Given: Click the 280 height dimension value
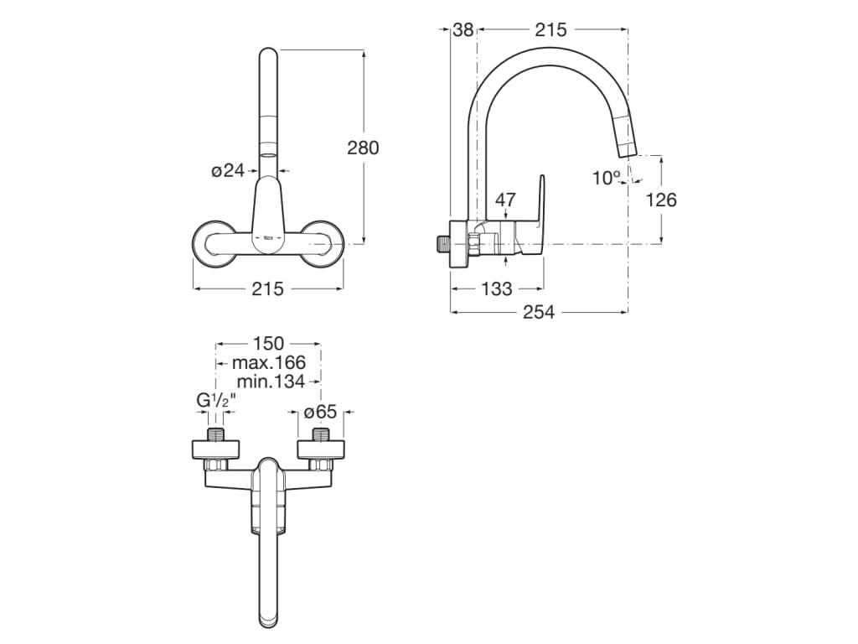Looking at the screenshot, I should pyautogui.click(x=363, y=148).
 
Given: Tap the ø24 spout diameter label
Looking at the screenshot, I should pyautogui.click(x=227, y=170).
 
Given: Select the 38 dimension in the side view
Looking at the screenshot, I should pyautogui.click(x=463, y=29).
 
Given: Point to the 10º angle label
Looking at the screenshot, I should pyautogui.click(x=605, y=177).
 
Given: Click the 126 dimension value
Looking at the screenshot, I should pyautogui.click(x=661, y=200).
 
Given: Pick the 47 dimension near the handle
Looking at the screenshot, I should pyautogui.click(x=505, y=200).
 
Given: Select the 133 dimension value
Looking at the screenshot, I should pyautogui.click(x=497, y=288).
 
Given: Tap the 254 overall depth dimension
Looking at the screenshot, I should pyautogui.click(x=539, y=312).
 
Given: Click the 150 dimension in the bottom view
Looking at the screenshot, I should pyautogui.click(x=268, y=343).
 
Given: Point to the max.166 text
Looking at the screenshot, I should pyautogui.click(x=268, y=362).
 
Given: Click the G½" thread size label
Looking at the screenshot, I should pyautogui.click(x=216, y=401).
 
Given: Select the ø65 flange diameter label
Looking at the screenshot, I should pyautogui.click(x=319, y=412).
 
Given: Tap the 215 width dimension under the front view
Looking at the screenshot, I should pyautogui.click(x=267, y=288).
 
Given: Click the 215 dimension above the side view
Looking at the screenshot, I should pyautogui.click(x=550, y=29).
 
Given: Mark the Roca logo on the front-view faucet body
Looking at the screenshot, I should pyautogui.click(x=268, y=237).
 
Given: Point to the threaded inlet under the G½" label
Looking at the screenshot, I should pyautogui.click(x=217, y=436).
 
